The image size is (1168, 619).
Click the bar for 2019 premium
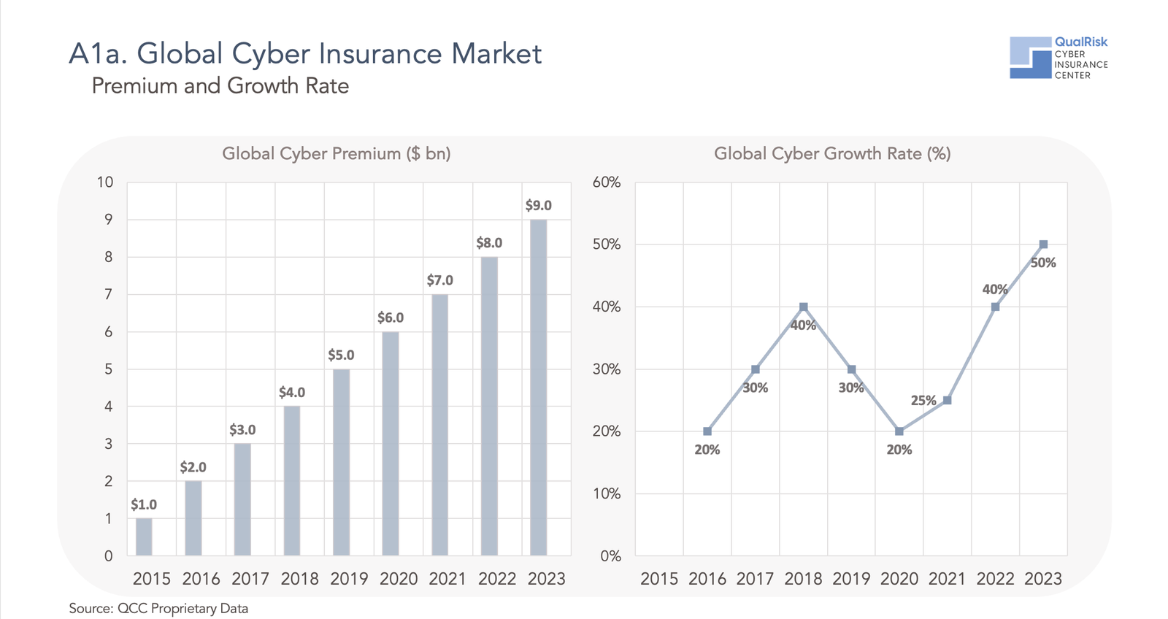(341, 462)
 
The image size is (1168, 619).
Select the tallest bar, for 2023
(538, 387)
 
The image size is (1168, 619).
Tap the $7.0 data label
(439, 280)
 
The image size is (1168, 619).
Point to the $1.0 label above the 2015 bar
(144, 504)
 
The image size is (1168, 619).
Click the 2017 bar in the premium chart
(242, 499)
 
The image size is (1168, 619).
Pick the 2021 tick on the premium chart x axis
(447, 579)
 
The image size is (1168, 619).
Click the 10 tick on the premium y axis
(105, 182)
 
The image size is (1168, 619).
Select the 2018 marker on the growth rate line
(803, 307)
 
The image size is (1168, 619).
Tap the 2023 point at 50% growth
(1043, 245)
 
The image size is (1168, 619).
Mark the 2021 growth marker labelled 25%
(947, 400)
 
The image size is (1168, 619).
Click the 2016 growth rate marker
(707, 431)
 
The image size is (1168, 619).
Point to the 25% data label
(923, 400)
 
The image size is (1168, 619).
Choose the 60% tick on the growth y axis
(607, 182)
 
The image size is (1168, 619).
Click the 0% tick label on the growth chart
(610, 556)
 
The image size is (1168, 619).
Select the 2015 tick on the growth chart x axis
(659, 579)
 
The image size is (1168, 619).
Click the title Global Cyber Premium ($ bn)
(337, 153)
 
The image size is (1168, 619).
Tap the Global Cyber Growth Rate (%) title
(832, 153)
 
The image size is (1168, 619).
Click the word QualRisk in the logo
(1081, 42)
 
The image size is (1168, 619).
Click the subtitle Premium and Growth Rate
(220, 86)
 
